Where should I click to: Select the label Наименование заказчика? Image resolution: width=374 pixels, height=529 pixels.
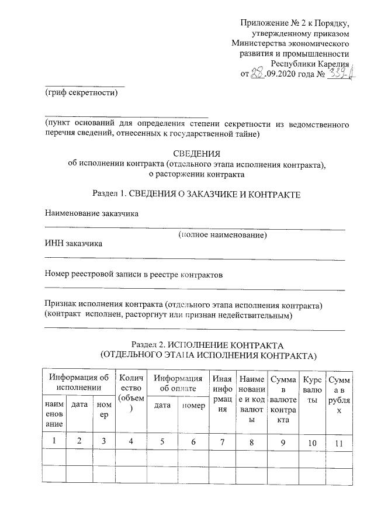pyautogui.click(x=92, y=213)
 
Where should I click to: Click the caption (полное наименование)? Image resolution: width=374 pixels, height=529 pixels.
pyautogui.click(x=223, y=235)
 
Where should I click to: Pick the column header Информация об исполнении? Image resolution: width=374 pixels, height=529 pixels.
pyautogui.click(x=79, y=383)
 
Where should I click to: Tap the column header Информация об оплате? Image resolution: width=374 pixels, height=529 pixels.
pyautogui.click(x=178, y=383)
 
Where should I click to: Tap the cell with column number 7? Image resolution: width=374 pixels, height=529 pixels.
pyautogui.click(x=221, y=441)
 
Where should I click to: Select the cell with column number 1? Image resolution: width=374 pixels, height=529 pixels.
pyautogui.click(x=53, y=441)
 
